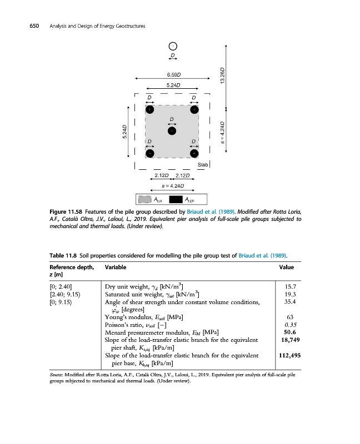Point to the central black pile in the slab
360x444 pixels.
[x=172, y=130]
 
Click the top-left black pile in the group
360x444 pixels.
[x=149, y=109]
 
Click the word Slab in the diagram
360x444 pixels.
[x=203, y=165]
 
